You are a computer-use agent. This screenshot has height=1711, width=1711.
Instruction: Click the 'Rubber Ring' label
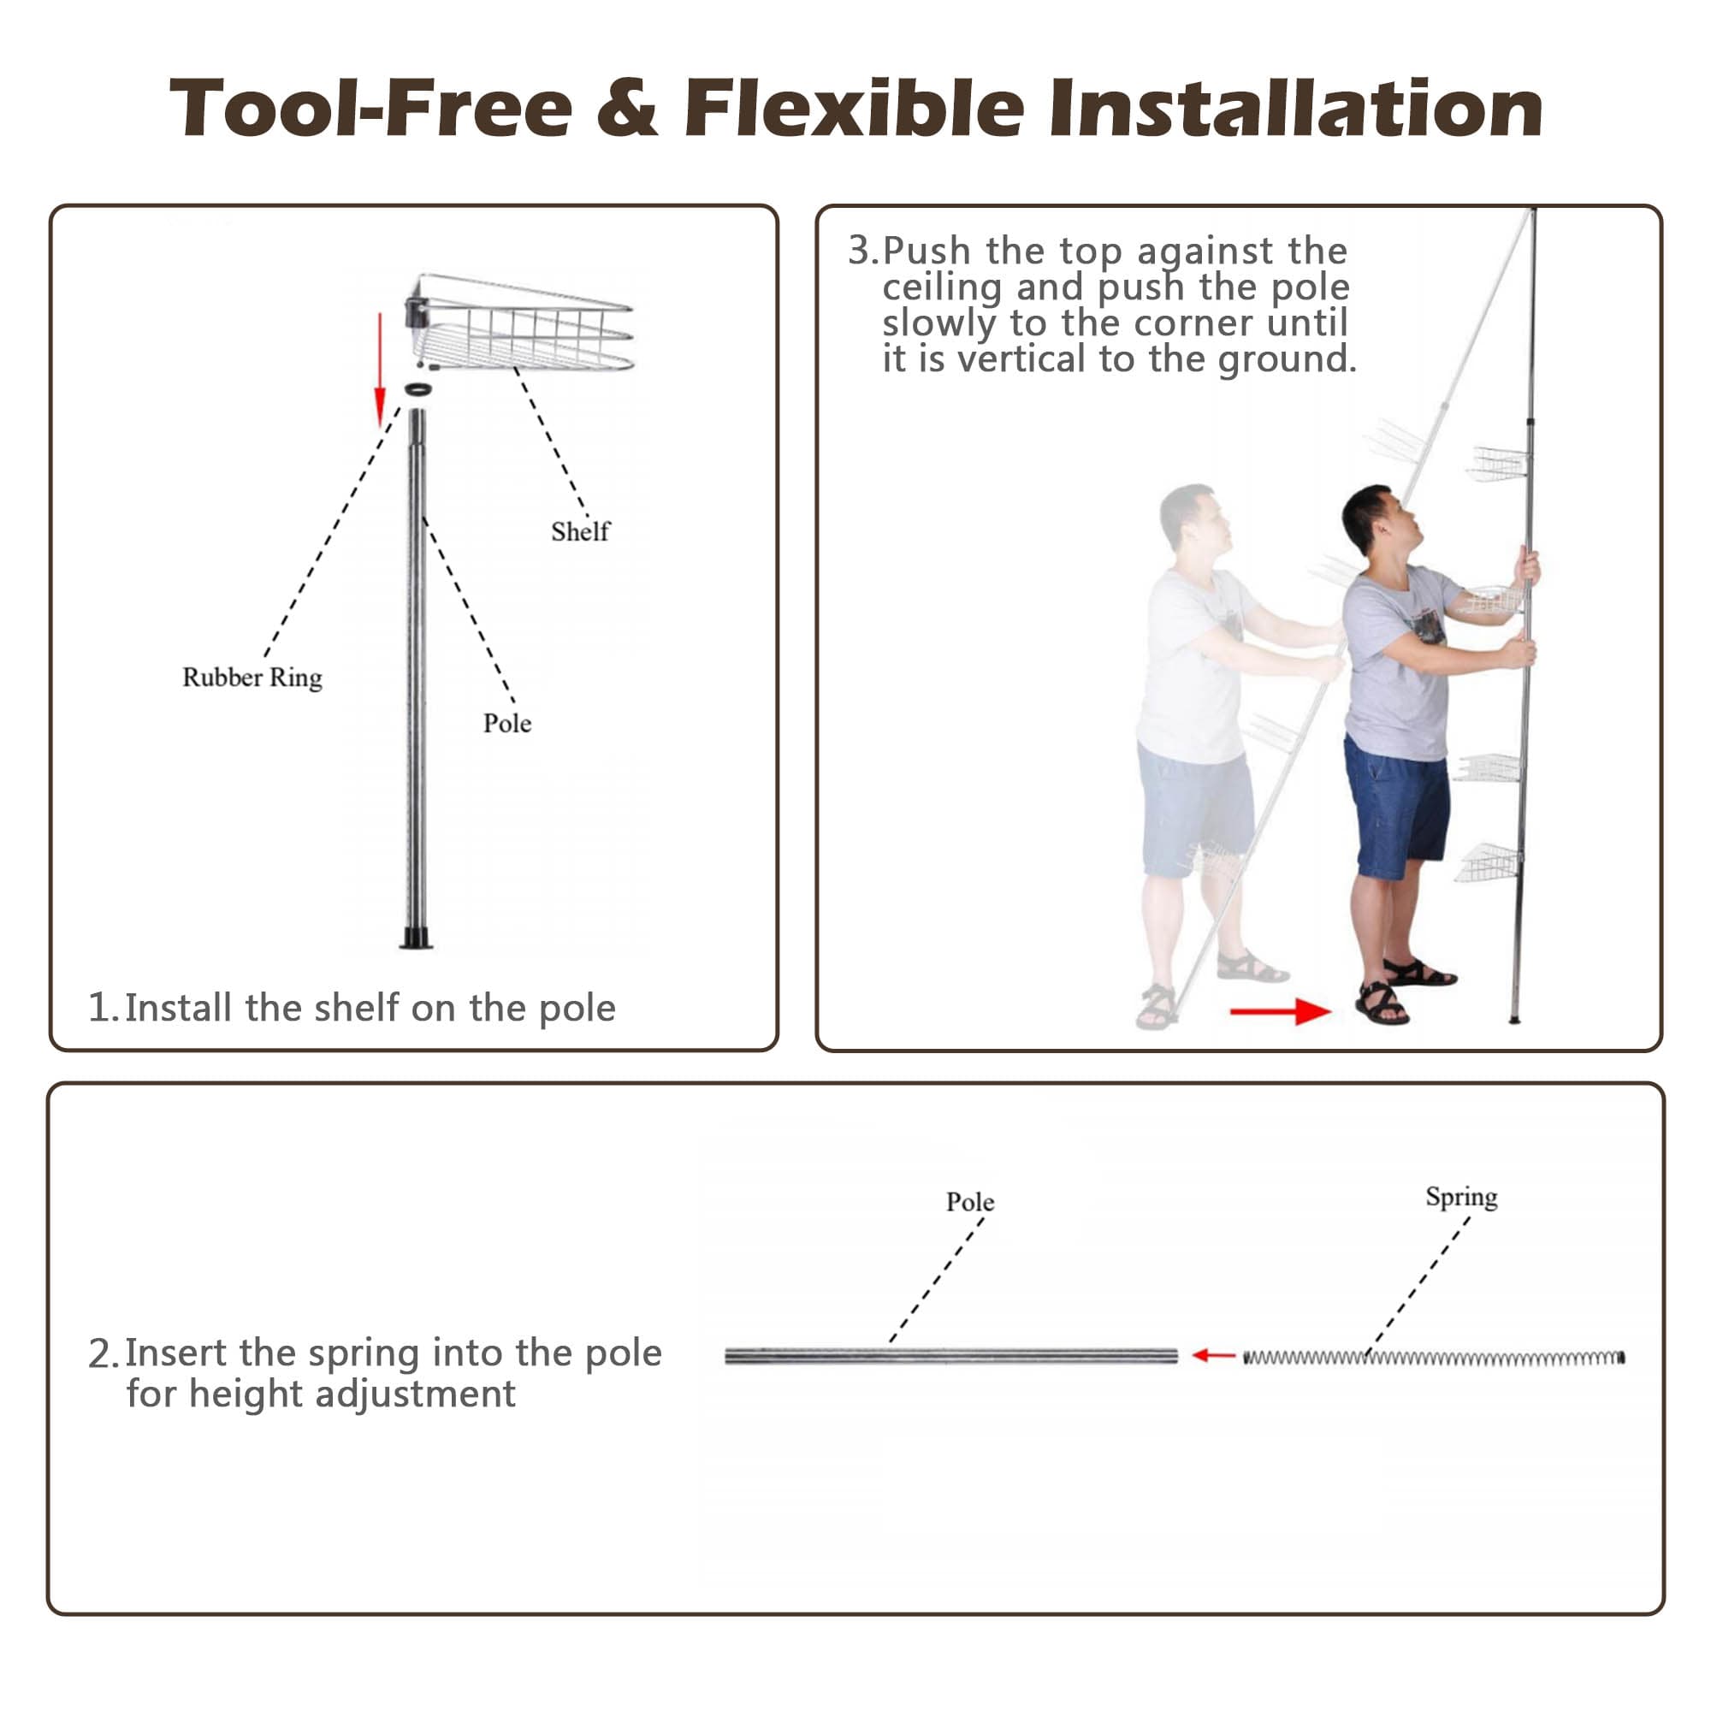click(x=252, y=678)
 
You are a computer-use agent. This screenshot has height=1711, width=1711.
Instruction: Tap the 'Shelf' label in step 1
click(x=580, y=531)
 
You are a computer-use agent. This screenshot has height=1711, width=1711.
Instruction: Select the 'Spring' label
click(x=1461, y=1198)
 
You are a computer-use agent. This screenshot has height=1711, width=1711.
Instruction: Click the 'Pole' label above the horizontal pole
click(x=970, y=1202)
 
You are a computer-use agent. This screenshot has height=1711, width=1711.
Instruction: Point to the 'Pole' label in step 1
click(x=507, y=724)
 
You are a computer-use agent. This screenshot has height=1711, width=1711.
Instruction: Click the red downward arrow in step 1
click(x=380, y=370)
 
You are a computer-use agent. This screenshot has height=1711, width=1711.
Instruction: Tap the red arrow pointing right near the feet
click(x=1281, y=1010)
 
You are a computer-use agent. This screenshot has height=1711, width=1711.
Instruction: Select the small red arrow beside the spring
click(x=1213, y=1355)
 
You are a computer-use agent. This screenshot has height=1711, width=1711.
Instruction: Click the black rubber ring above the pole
click(x=418, y=388)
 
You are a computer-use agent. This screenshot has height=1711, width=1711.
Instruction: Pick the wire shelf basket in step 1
click(x=521, y=323)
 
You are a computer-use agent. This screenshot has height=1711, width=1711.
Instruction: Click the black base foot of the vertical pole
click(x=416, y=938)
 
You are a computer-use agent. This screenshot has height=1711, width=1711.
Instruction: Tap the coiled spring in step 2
click(x=1434, y=1358)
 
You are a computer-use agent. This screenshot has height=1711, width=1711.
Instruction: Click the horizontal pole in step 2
click(x=951, y=1356)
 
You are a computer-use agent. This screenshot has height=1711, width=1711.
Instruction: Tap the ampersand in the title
click(x=628, y=108)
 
